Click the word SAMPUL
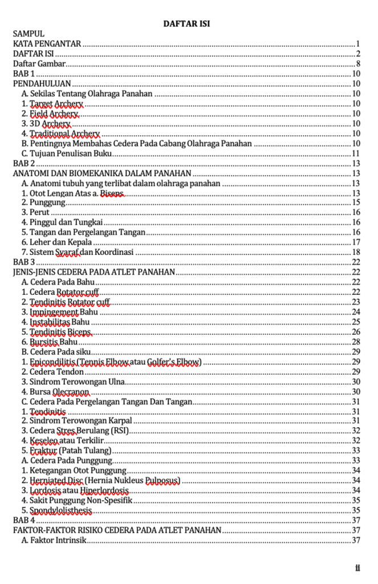pyautogui.click(x=29, y=34)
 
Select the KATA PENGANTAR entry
pyautogui.click(x=47, y=43)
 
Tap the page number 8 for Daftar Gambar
pyautogui.click(x=357, y=64)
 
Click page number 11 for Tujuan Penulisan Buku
pyautogui.click(x=355, y=153)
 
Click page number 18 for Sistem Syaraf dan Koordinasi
pyautogui.click(x=355, y=252)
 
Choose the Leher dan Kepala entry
pyautogui.click(x=57, y=242)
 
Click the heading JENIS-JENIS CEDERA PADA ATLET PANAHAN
pyautogui.click(x=94, y=272)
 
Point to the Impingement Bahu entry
pyautogui.click(x=60, y=312)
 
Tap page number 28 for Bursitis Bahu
pyautogui.click(x=355, y=342)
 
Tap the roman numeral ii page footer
pyautogui.click(x=357, y=568)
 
